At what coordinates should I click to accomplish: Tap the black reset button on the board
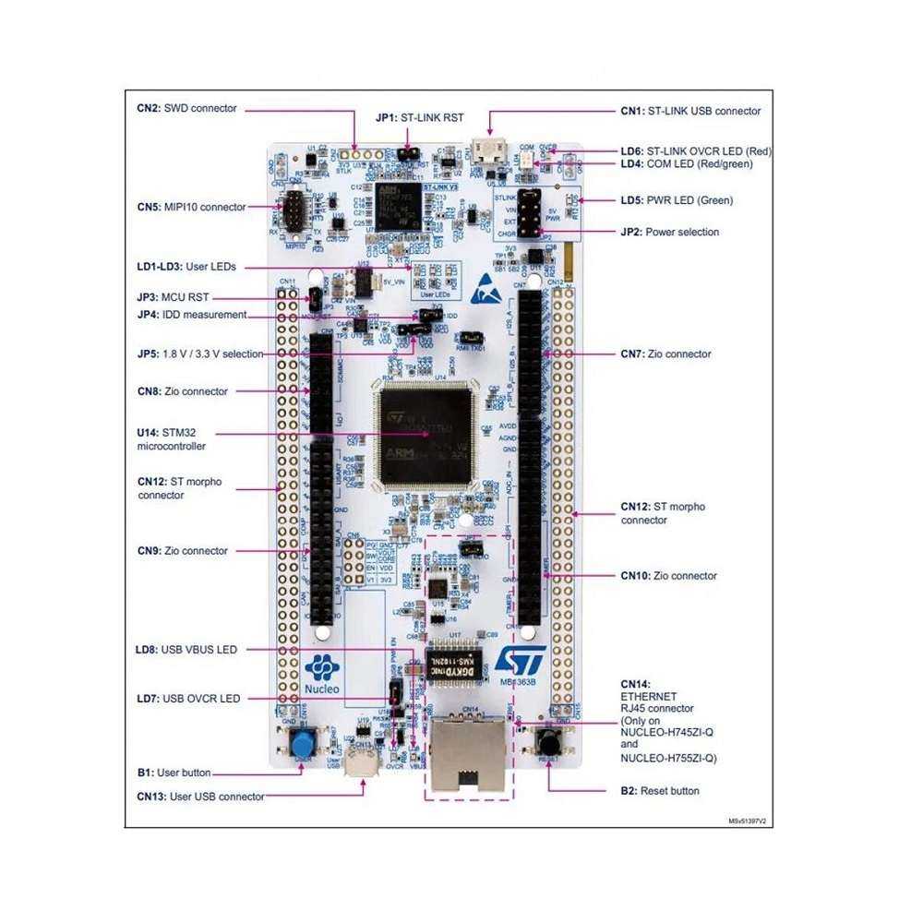pos(550,740)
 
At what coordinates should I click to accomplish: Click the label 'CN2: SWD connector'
pos(186,108)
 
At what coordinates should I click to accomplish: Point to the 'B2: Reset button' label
pos(659,791)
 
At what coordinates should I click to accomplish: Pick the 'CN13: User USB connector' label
pos(200,796)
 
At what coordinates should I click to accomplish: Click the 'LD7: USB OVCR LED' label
pos(187,699)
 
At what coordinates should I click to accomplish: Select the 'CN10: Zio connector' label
pos(668,575)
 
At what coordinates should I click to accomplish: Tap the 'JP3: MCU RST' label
pos(173,297)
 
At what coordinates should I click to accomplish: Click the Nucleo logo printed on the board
pos(322,674)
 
